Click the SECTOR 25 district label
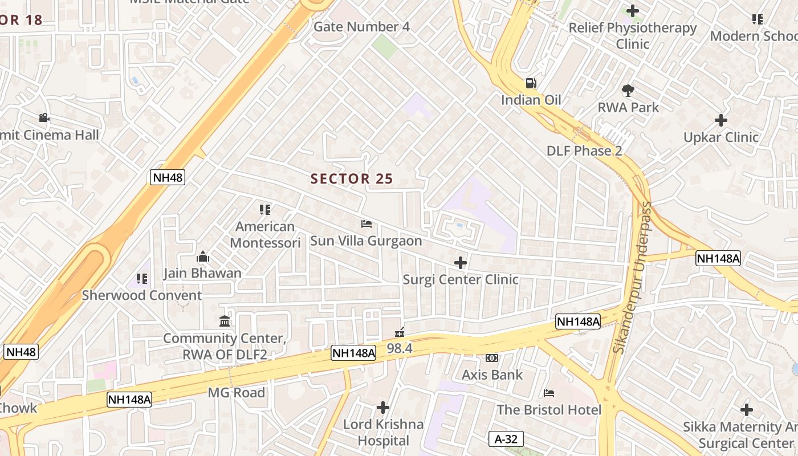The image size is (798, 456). tap(352, 179)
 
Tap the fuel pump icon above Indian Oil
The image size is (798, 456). tap(531, 83)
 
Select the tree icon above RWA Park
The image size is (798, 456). tap(628, 90)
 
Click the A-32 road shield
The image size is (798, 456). tap(506, 439)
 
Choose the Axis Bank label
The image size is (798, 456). tap(492, 375)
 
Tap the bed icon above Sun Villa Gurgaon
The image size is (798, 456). tap(367, 224)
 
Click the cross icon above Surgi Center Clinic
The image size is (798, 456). tap(461, 263)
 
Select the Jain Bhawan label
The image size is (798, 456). tap(202, 273)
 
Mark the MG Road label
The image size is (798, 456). tap(236, 393)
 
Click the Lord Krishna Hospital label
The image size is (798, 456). tap(383, 433)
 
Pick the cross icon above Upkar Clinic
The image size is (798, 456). tap(721, 120)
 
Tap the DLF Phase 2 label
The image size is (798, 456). tap(584, 151)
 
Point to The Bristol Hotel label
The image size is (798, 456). tap(549, 410)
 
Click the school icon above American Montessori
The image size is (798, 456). tap(265, 210)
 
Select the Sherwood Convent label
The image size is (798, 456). tap(142, 295)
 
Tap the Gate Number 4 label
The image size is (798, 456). tap(361, 27)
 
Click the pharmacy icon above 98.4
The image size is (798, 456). tap(400, 332)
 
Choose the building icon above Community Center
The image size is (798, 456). tap(225, 321)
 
